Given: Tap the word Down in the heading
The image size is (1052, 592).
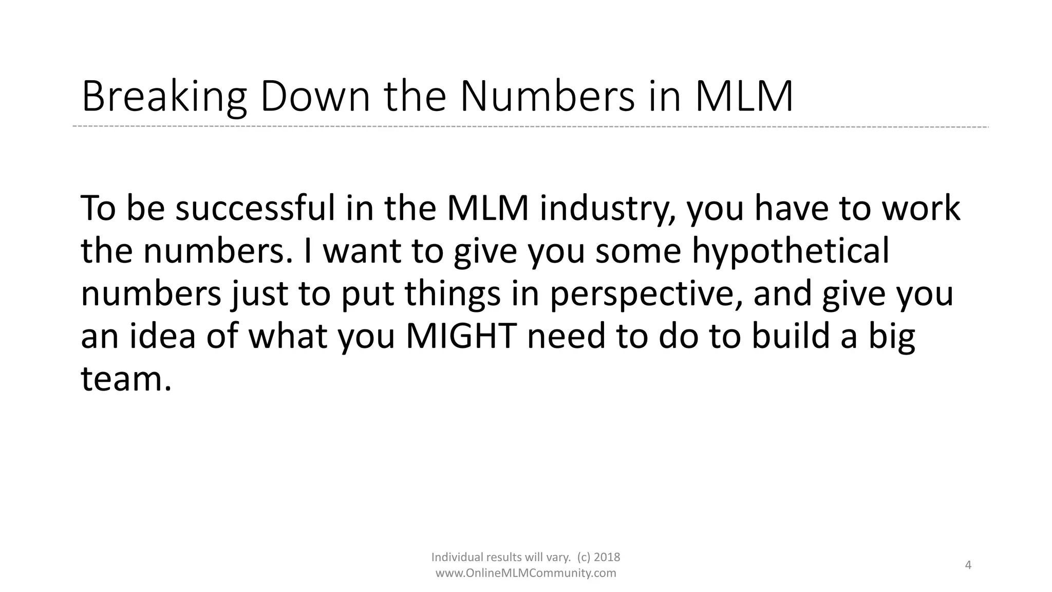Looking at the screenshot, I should pyautogui.click(x=315, y=97).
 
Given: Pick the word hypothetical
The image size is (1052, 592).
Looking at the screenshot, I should pyautogui.click(x=791, y=252).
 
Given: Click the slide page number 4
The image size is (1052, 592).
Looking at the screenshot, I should pyautogui.click(x=968, y=565).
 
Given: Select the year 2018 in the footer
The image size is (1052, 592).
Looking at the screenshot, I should pyautogui.click(x=607, y=557).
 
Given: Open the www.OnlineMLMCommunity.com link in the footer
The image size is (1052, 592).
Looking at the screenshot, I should pyautogui.click(x=525, y=573).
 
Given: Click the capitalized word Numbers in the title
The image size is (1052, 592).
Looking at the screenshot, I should pyautogui.click(x=547, y=97).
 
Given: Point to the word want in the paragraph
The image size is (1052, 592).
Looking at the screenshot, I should pyautogui.click(x=362, y=252).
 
